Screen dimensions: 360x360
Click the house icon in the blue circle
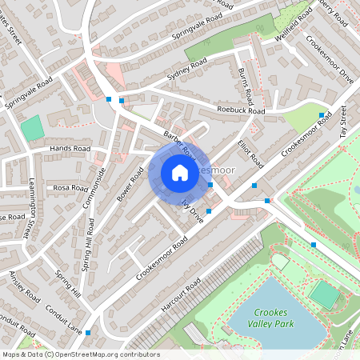[x=180, y=173]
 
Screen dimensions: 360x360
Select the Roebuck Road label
[x=240, y=111]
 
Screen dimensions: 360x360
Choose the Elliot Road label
[x=250, y=153]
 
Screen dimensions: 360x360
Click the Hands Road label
[x=69, y=149]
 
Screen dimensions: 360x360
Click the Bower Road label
[x=125, y=185]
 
